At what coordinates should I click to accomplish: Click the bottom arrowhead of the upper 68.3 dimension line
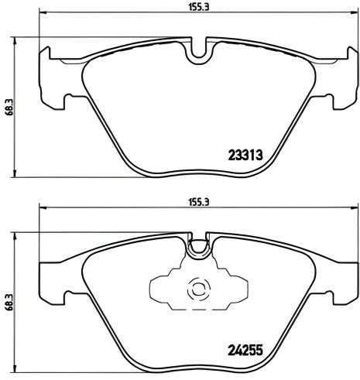(19, 174)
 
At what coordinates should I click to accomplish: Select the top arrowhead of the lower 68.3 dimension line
(19, 235)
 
